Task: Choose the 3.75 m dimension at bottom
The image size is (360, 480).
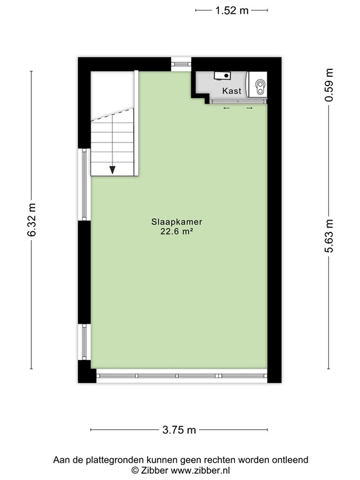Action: click(179, 429)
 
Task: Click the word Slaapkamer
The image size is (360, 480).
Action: click(180, 221)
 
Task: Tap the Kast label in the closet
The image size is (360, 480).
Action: click(231, 91)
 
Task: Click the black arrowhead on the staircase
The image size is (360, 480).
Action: click(112, 169)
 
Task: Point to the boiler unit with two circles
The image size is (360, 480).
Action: click(259, 86)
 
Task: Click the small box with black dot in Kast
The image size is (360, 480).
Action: click(222, 76)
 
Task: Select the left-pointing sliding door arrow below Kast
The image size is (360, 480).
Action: click(226, 108)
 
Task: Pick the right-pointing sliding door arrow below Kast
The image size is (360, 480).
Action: click(249, 108)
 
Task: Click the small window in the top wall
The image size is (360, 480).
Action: click(181, 64)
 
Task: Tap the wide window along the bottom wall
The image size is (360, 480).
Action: click(181, 376)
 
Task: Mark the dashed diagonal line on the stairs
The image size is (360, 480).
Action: click(112, 112)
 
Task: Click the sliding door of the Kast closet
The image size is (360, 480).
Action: click(237, 102)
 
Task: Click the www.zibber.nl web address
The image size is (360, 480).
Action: click(199, 469)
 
